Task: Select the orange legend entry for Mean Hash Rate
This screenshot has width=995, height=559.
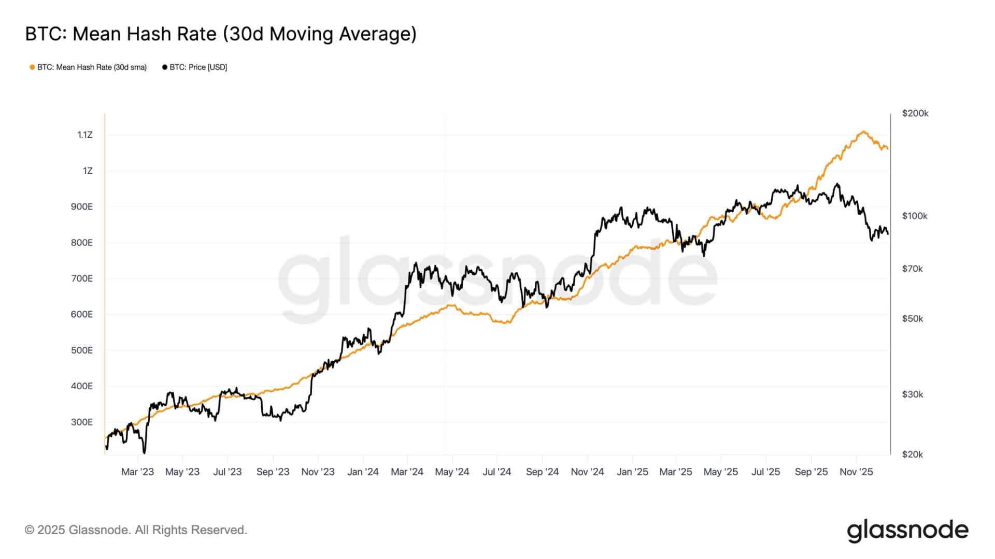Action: point(88,67)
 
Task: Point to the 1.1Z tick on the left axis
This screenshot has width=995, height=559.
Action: point(85,135)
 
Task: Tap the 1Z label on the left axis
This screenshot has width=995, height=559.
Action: point(88,171)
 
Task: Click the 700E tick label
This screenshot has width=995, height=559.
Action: point(82,278)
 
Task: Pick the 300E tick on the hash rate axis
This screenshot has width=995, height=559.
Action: point(82,422)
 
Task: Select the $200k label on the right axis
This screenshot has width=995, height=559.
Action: point(915,113)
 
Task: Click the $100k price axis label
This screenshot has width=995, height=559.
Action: point(915,216)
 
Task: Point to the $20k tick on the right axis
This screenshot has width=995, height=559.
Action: point(913,454)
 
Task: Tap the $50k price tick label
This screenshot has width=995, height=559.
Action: point(913,318)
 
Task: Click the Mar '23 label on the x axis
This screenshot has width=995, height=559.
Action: point(137,472)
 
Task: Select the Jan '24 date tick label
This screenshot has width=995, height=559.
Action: point(363,472)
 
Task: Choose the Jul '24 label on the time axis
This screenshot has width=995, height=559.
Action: point(496,472)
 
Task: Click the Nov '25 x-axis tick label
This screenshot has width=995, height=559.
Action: point(856,472)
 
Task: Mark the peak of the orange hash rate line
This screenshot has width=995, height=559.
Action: point(863,131)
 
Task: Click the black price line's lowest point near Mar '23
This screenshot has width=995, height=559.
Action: point(144,452)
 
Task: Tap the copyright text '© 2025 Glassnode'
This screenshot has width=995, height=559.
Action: point(136,530)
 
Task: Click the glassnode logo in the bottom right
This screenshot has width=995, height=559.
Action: point(907,531)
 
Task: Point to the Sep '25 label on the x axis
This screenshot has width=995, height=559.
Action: point(811,472)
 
